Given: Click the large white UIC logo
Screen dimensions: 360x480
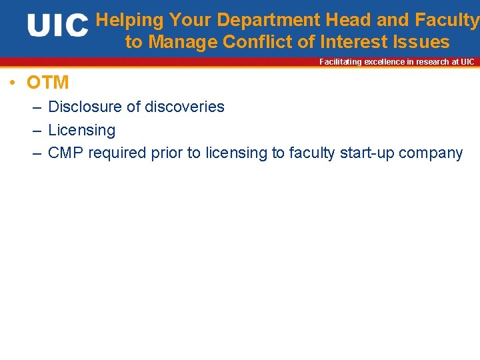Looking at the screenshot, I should pos(57,26).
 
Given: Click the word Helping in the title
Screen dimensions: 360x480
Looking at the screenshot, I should pos(131,21).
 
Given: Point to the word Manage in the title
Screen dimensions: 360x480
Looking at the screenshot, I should pos(183,43).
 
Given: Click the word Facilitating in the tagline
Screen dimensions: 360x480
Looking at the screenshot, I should pos(340,62).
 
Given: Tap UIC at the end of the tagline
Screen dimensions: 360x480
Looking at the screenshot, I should pos(467,62).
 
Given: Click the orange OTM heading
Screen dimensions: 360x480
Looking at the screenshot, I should pos(47,83).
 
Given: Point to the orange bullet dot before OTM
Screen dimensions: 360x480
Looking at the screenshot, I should pos(13,83).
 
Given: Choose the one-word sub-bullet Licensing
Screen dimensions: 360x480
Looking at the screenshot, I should pos(81,130).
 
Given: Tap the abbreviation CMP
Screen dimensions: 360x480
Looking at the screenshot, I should pos(66,153).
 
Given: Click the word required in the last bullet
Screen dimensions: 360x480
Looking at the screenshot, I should pos(117,153).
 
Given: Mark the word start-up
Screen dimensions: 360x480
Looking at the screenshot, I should pos(369,153).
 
